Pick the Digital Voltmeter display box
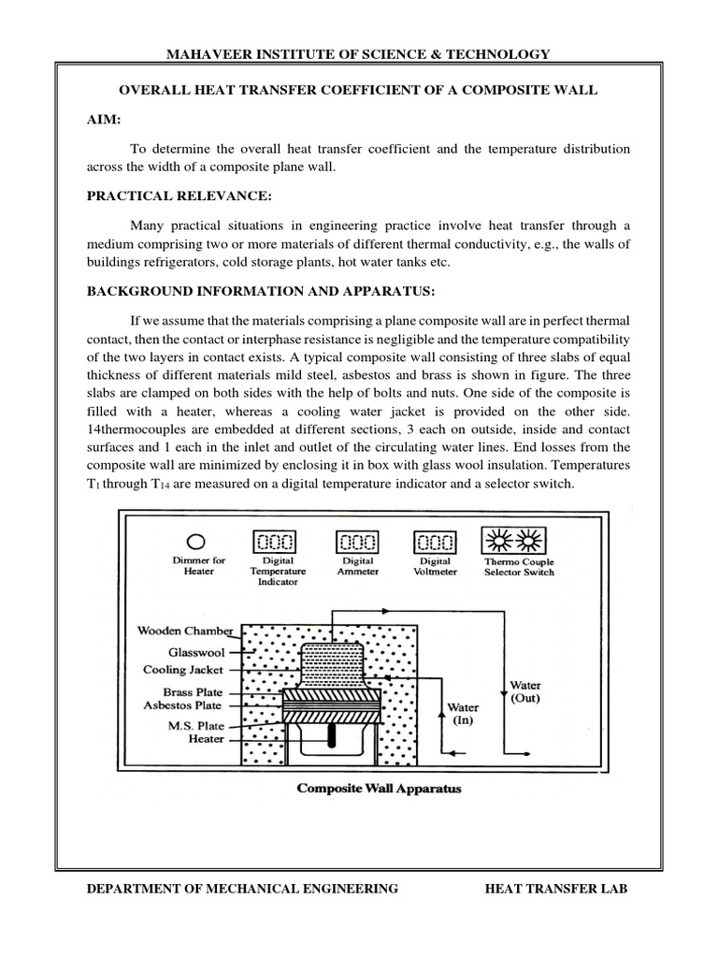click(x=435, y=542)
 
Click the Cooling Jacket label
click(x=183, y=670)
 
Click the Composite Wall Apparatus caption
click(x=379, y=788)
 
